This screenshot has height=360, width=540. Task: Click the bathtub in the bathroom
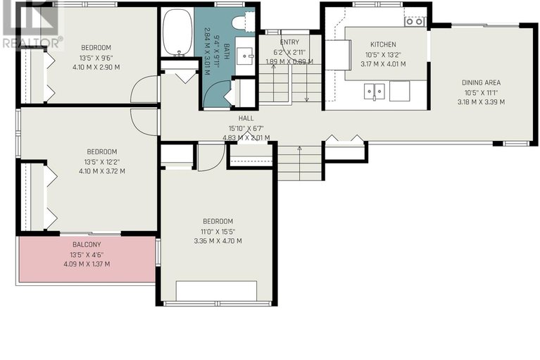click(x=177, y=32)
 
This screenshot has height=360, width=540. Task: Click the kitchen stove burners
click(x=414, y=22)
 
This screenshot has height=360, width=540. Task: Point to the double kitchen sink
click(x=374, y=92)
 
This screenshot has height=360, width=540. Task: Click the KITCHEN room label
click(x=383, y=44)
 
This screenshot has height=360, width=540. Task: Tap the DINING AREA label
click(x=481, y=82)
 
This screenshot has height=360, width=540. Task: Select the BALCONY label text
click(x=87, y=244)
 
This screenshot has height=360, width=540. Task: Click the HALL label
click(x=246, y=118)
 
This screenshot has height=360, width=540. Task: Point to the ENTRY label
click(x=289, y=42)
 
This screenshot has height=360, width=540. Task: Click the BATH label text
click(x=226, y=51)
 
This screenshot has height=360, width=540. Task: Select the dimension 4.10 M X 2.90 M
click(x=96, y=67)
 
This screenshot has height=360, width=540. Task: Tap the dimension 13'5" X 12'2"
click(x=101, y=161)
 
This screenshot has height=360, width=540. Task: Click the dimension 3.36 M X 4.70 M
click(x=218, y=241)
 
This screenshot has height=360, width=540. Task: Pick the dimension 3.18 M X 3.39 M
click(x=481, y=102)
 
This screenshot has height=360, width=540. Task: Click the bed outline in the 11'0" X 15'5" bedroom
click(x=216, y=291)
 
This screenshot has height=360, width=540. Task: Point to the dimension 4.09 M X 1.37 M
click(x=87, y=264)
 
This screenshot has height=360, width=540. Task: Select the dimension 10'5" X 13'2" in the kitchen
click(x=383, y=54)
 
